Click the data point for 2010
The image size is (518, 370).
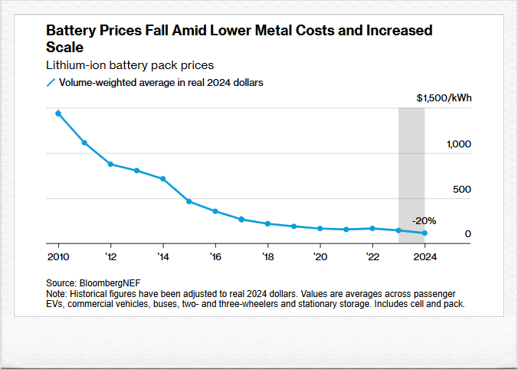(58, 114)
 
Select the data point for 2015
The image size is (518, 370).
(189, 202)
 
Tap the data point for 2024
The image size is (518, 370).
(425, 233)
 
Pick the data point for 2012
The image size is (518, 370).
(110, 164)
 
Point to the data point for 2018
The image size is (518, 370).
(267, 223)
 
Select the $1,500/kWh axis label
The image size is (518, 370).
(444, 98)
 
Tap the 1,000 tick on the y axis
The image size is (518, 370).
(460, 144)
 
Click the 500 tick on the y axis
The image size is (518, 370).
(462, 189)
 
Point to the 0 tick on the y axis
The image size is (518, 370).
(467, 234)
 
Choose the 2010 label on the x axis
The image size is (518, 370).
(58, 256)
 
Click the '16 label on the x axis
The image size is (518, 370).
(215, 256)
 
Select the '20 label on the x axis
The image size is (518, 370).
(320, 256)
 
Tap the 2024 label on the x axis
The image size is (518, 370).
(425, 256)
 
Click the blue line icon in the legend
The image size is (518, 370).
(51, 82)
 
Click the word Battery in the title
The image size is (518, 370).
(69, 31)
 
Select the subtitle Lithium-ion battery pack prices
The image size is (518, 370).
(129, 65)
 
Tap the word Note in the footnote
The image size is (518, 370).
(56, 293)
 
